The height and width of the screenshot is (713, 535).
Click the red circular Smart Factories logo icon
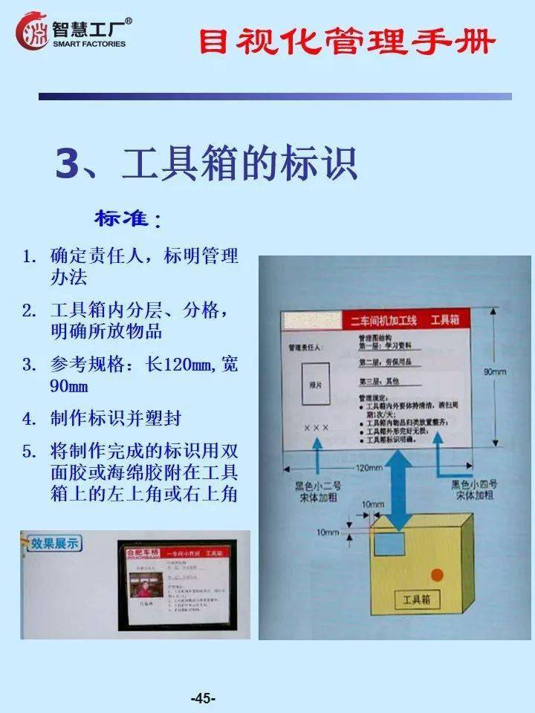[x=31, y=31]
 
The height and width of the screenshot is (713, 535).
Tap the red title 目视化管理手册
[x=346, y=42]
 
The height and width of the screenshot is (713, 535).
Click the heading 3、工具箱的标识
[x=207, y=165]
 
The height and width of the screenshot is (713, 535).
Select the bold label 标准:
[x=127, y=219]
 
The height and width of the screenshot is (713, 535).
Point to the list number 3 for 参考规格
[x=29, y=365]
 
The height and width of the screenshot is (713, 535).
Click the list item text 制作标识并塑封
[x=116, y=418]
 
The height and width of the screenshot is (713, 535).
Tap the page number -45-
[x=203, y=698]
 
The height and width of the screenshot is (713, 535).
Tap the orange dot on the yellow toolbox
[x=438, y=574]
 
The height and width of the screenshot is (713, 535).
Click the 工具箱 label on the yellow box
[x=421, y=599]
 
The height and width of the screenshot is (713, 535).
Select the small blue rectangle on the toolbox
[x=389, y=544]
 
